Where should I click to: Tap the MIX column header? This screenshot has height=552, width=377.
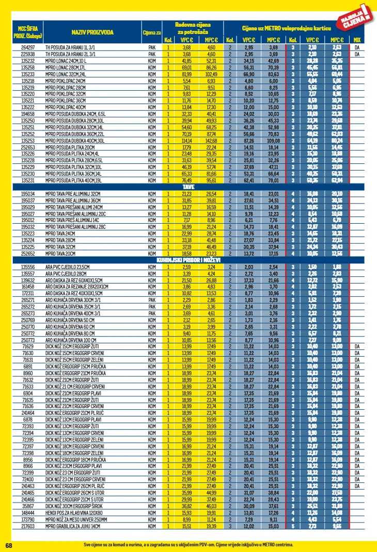pos(357,40)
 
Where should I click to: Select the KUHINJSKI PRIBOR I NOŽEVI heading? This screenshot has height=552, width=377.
pos(189,261)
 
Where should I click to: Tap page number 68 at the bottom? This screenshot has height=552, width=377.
pos(9,545)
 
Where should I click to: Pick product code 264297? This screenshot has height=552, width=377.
pos(28,47)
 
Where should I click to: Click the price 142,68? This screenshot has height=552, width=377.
pos(211,140)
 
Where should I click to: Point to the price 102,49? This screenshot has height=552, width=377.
pos(211,74)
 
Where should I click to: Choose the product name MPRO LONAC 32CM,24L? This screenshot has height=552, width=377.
pos(68,74)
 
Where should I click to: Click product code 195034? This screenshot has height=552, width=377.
pos(28,194)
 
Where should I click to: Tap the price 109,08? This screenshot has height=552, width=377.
pos(273,140)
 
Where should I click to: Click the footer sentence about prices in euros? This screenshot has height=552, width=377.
pos(189,545)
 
